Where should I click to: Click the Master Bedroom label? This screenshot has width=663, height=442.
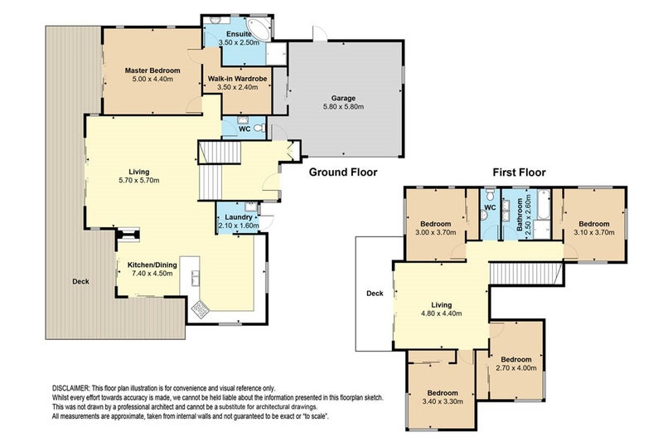pos(152,70)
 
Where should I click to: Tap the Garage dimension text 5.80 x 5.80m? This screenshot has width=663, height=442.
pos(343,107)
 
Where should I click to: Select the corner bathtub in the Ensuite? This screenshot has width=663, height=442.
pos(259,29)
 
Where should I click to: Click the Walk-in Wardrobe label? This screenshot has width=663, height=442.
pos(237,79)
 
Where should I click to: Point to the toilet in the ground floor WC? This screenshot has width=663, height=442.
pos(261,128)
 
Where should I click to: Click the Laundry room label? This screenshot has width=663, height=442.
pos(239,217)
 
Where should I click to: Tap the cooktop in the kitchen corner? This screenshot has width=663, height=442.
pos(200,309)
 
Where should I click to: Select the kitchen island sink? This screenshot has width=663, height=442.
pos(196,279)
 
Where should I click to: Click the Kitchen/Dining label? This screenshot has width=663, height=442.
pos(152,265)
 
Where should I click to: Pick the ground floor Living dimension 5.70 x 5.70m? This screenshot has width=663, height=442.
pos(139,180)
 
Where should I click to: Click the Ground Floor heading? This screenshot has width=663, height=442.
pos(343,172)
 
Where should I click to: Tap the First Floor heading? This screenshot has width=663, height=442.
pos(519,172)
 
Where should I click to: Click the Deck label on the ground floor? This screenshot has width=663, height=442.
pos(80,281)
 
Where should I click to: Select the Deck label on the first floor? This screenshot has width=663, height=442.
pos(375,293)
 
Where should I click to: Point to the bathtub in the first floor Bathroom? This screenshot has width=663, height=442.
pos(544,204)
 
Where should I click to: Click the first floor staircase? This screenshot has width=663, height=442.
pos(525,273)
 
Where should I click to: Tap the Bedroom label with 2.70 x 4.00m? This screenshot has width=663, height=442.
pos(516,360)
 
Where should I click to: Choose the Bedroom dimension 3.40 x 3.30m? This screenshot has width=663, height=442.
pos(443,401)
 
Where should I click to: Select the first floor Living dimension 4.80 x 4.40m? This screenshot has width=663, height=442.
pos(441,313)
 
